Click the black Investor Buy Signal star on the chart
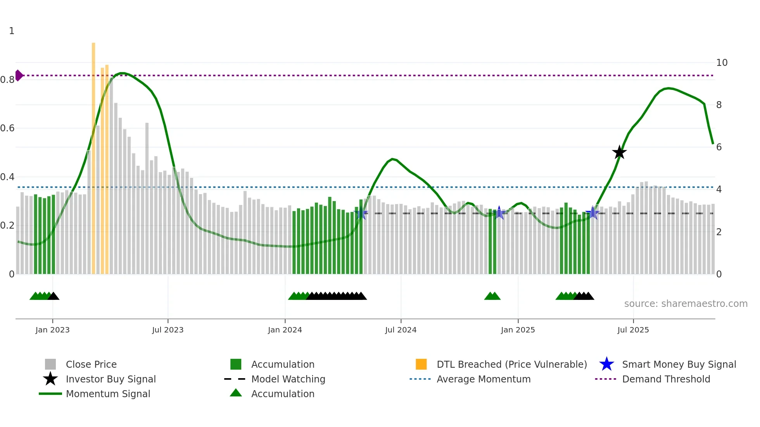tap(619, 152)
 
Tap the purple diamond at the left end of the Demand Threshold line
tap(19, 76)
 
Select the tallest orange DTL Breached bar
tap(93, 155)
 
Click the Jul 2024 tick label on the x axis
tap(401, 330)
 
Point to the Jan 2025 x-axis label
tap(518, 330)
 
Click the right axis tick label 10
tap(722, 63)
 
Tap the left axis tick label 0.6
tap(7, 128)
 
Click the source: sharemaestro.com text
tap(686, 304)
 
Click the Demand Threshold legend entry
tap(666, 379)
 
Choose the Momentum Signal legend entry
tap(108, 394)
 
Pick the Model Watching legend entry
tap(288, 379)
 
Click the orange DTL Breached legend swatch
tap(421, 364)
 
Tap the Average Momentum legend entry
tap(483, 379)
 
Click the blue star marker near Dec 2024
tap(499, 213)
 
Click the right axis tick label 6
tap(719, 147)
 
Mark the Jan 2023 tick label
tap(52, 330)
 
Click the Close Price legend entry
tap(91, 365)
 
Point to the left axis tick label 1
tap(12, 31)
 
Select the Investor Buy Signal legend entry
tap(111, 379)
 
